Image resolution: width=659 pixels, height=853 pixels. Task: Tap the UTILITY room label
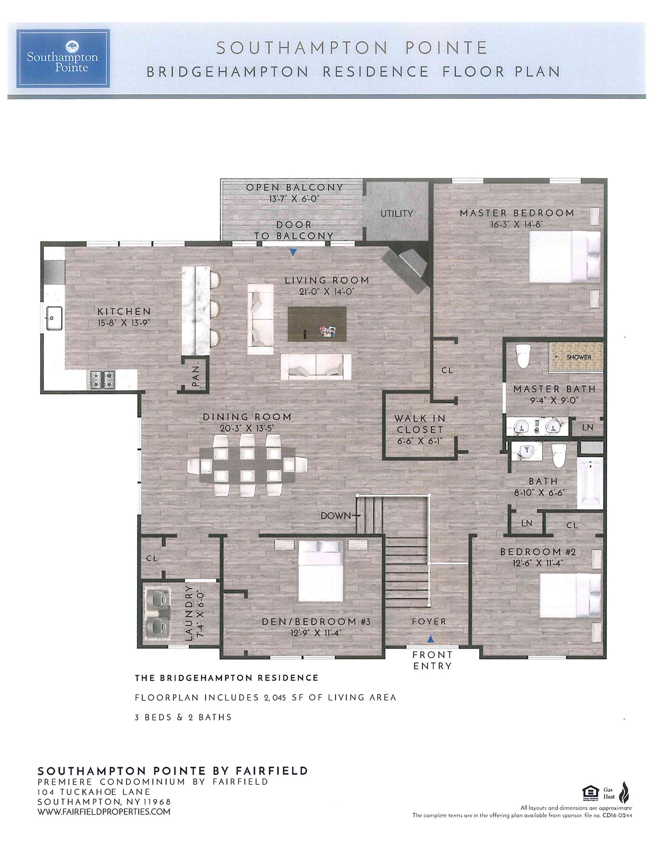point(397,213)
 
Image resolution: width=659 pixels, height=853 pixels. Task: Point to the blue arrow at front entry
point(430,639)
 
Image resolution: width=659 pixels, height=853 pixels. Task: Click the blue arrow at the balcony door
point(293,253)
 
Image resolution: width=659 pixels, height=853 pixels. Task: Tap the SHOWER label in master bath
point(579,357)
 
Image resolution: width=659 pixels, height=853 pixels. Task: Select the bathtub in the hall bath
point(590,483)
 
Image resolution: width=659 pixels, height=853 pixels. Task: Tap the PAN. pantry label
point(196,374)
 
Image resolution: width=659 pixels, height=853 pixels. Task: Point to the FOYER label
point(429,621)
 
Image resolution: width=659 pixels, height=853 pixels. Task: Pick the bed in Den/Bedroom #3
point(321,571)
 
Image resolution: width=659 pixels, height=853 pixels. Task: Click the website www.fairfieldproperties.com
point(104,811)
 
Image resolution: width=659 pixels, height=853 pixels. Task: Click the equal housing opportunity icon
point(590,793)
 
